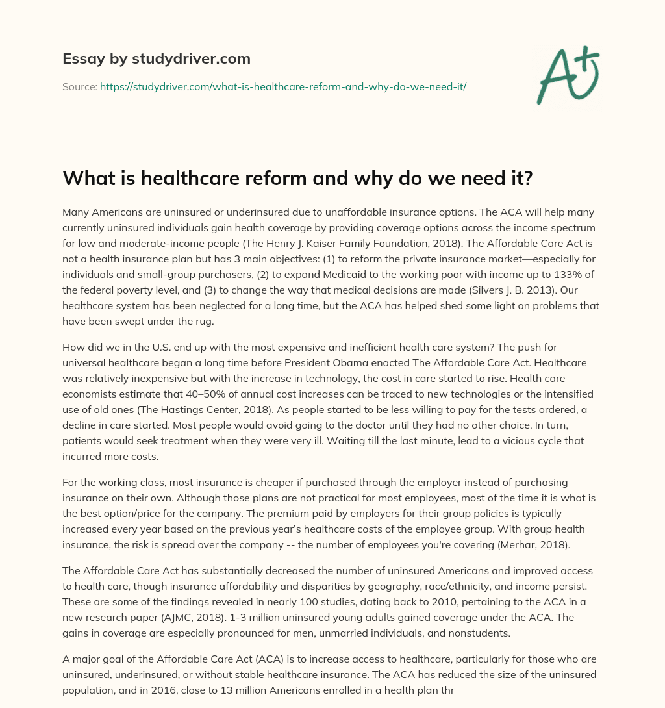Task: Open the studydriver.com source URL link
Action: (283, 86)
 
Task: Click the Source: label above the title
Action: (79, 86)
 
